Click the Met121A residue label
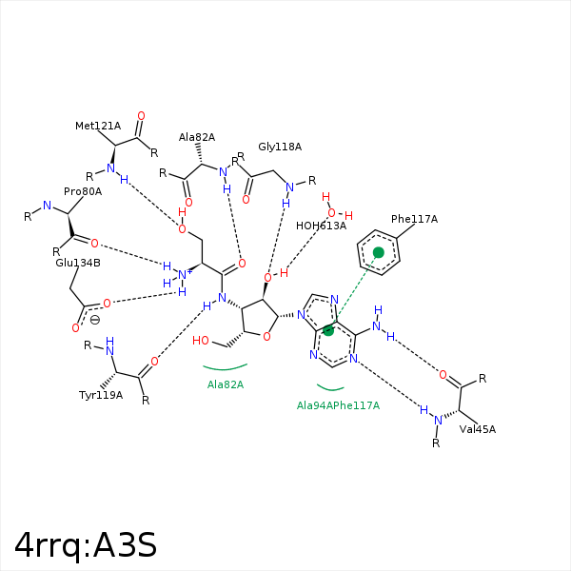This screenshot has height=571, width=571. point(98,126)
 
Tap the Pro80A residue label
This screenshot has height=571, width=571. point(83,191)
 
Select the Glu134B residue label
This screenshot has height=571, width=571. point(78,263)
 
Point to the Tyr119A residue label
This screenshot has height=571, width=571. point(101,396)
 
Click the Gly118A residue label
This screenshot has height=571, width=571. point(280,147)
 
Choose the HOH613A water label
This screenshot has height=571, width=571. point(321,226)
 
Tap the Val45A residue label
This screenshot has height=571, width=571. point(478,429)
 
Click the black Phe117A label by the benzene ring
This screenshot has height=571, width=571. point(414,219)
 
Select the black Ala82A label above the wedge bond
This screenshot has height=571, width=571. point(197,137)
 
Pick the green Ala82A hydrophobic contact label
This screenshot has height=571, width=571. point(225,384)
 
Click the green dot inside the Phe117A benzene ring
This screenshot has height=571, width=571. point(379,252)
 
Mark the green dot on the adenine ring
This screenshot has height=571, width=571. point(328,330)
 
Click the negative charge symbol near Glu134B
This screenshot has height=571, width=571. point(94,320)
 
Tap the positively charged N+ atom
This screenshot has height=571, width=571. point(183,275)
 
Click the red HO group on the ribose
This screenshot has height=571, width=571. point(200,341)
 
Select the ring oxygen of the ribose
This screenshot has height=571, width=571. point(266,337)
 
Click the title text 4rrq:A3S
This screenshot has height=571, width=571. point(86,544)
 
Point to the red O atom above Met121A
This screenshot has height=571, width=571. point(141,116)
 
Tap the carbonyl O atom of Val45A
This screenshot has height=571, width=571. point(443,375)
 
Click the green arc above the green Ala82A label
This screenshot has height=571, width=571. point(225,368)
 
